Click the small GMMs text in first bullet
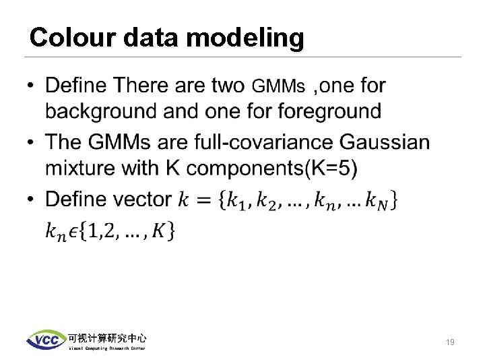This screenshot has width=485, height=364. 278,87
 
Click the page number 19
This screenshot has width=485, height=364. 450,342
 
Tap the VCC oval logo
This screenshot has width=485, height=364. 46,340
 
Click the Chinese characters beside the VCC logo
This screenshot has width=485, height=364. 106,338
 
